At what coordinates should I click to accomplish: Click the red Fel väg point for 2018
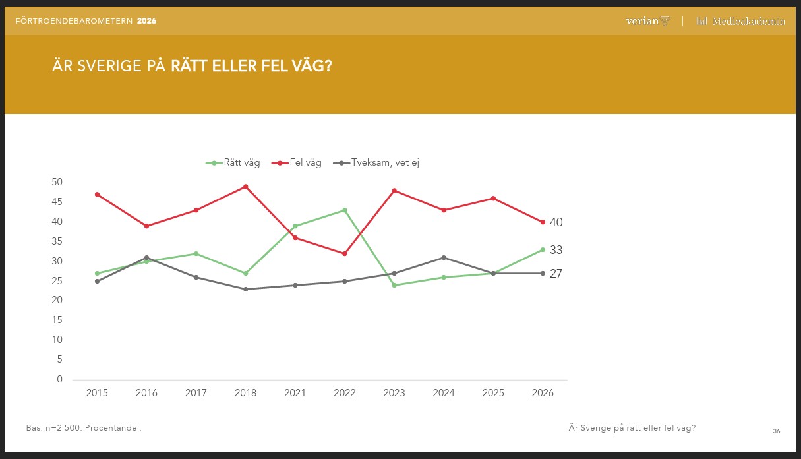246,187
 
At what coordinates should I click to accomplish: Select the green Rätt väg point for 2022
345,210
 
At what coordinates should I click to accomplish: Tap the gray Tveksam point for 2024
444,257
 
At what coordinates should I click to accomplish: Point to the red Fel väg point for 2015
97,195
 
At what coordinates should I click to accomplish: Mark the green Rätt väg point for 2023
394,285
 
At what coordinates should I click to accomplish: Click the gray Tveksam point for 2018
246,289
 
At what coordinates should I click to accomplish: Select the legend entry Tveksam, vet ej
376,163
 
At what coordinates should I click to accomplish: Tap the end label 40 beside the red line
556,222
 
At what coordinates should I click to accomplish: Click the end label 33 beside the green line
556,250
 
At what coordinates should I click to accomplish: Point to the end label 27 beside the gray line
556,274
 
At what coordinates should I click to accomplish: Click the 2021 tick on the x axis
295,393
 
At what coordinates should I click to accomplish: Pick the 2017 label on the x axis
196,393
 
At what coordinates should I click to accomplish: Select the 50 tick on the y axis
57,182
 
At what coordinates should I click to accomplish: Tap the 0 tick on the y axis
60,379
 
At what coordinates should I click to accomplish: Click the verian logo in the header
647,21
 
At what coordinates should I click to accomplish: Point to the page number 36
777,431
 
